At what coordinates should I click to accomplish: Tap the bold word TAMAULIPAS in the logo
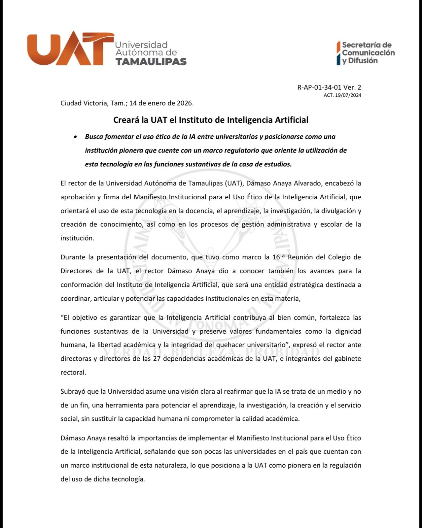(x=151, y=61)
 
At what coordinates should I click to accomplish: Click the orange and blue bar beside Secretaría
(x=338, y=53)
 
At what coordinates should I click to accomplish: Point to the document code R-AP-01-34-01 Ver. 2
(x=329, y=87)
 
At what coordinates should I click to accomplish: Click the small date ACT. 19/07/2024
(x=342, y=95)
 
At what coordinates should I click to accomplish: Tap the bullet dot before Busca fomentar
(x=76, y=137)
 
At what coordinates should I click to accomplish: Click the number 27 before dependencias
(x=157, y=359)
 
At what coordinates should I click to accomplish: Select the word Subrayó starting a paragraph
(x=73, y=392)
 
